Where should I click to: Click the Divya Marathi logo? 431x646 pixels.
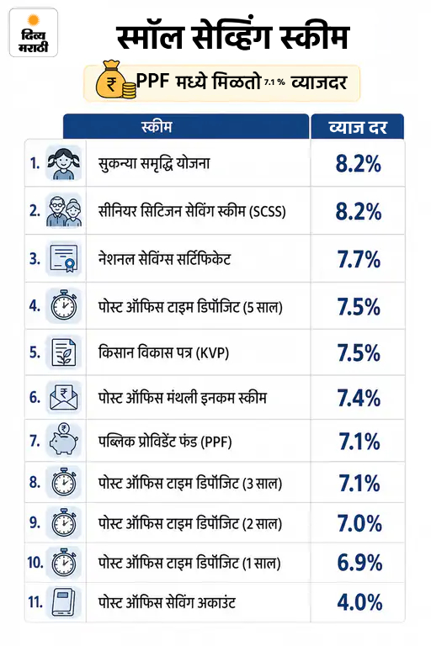pos(34,33)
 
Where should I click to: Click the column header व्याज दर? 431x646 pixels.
pos(358,127)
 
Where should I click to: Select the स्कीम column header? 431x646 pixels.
pos(157,126)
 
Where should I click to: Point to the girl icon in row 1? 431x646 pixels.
pos(63,163)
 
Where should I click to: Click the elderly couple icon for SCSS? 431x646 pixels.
pos(63,210)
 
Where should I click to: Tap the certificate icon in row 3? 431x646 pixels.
pos(63,259)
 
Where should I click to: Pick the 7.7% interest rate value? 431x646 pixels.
pos(359,259)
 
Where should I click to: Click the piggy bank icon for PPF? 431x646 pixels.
pos(63,441)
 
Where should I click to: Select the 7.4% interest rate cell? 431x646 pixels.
pos(359,398)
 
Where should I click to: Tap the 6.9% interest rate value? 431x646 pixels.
pos(359,563)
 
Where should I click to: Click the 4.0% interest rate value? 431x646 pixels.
pos(359,602)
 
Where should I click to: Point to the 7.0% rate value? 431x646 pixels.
pos(359,523)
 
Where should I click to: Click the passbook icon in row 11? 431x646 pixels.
pos(63,602)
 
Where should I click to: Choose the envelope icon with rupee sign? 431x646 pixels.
pos(63,397)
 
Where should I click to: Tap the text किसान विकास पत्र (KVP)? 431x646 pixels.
pos(163,352)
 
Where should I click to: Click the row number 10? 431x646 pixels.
pos(35,563)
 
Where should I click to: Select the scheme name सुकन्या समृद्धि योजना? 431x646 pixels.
pos(154,163)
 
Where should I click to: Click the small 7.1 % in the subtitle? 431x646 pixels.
pos(274,82)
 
